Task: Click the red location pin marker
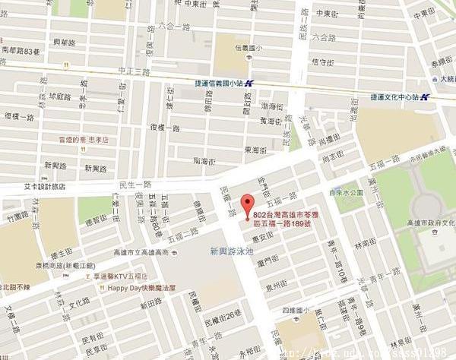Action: [246, 206]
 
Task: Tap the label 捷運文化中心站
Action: [395, 96]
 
